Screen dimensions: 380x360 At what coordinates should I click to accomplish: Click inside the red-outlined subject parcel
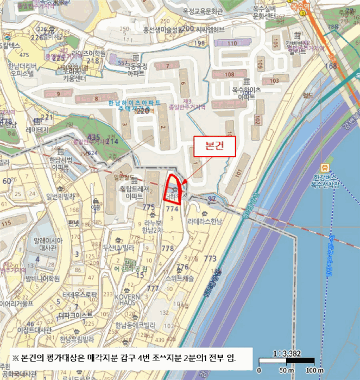pyautogui.click(x=172, y=191)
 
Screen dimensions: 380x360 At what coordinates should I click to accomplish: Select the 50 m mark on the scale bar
pyautogui.click(x=285, y=370)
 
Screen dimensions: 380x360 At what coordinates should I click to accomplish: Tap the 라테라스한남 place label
pyautogui.click(x=205, y=221)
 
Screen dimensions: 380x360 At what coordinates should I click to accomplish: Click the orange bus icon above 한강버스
pyautogui.click(x=325, y=168)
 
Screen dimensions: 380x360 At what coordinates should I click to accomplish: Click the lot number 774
pyautogui.click(x=172, y=208)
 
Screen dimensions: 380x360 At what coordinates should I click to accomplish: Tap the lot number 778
pyautogui.click(x=167, y=248)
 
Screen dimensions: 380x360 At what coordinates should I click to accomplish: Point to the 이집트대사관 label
pyautogui.click(x=34, y=330)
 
